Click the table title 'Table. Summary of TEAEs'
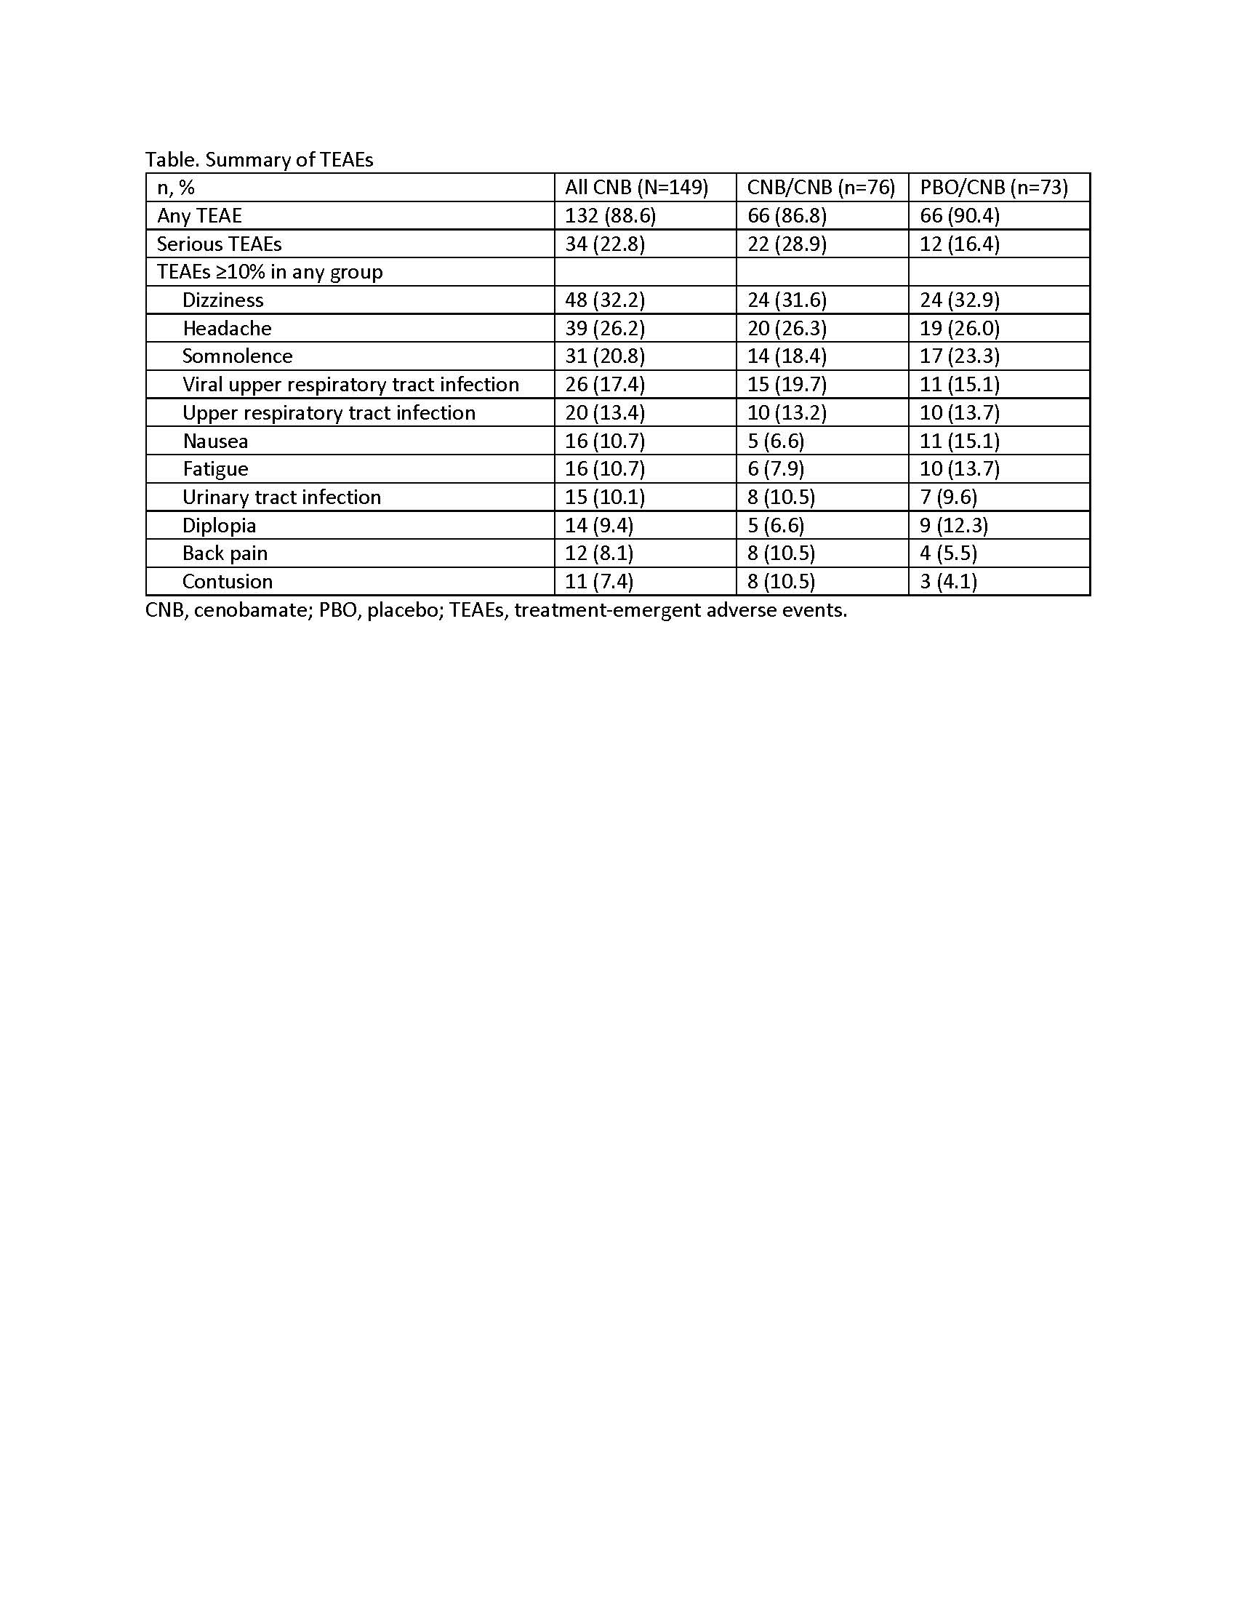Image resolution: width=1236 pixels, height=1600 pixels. click(260, 160)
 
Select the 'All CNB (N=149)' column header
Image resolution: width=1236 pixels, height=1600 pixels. click(636, 188)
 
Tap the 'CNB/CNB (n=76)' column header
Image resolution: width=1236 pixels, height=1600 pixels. click(821, 188)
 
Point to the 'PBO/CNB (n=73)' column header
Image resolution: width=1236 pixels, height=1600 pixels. click(994, 188)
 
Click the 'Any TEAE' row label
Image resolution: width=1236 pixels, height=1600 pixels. click(199, 216)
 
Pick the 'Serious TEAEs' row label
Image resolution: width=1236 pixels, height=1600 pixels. click(219, 244)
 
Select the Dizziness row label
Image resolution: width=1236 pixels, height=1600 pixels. click(222, 300)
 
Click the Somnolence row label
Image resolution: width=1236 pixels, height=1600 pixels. click(237, 356)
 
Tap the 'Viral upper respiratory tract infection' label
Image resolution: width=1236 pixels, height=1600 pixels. click(350, 385)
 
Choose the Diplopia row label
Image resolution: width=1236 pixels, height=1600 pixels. click(219, 525)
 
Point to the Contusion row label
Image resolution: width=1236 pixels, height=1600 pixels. click(227, 582)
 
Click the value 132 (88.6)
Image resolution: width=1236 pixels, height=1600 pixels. click(610, 216)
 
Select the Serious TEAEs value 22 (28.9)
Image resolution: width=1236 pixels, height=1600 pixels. click(787, 244)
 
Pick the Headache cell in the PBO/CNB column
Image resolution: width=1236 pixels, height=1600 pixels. click(959, 328)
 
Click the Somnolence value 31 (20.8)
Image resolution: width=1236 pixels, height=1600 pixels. click(605, 356)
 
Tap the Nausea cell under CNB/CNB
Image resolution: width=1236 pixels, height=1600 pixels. click(776, 441)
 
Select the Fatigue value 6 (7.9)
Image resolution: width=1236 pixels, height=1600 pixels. click(776, 469)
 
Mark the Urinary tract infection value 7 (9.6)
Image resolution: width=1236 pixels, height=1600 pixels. click(948, 497)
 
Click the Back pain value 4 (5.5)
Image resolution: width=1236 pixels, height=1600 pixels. click(948, 553)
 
